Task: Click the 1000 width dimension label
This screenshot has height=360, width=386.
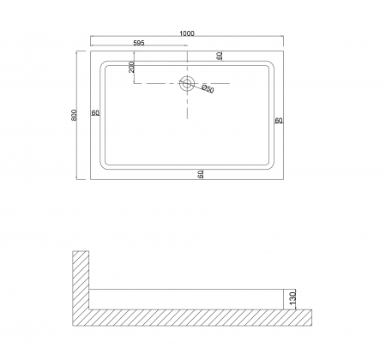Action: [x=187, y=33]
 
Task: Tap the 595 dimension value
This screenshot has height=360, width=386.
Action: [x=139, y=43]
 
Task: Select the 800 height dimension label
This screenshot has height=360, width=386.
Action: [x=74, y=115]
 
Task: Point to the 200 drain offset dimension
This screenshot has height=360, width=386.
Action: [x=131, y=67]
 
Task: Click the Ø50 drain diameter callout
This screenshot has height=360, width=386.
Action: [x=208, y=88]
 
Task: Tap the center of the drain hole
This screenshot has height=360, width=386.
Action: [x=187, y=83]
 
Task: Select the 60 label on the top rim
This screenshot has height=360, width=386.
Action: [x=220, y=56]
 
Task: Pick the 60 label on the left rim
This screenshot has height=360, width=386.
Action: [x=95, y=113]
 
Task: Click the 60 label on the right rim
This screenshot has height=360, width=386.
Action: [x=279, y=121]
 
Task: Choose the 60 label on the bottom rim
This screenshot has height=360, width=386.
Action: [x=201, y=174]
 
